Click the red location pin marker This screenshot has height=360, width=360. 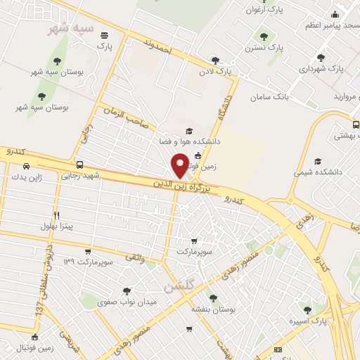[x=180, y=165]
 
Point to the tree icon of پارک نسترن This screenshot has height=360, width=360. [x=264, y=37]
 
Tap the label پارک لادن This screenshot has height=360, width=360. [x=214, y=72]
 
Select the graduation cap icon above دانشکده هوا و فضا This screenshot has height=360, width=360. [x=188, y=131]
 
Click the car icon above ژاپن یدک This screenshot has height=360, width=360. [x=26, y=166]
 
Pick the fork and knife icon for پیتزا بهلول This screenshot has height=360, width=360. [x=56, y=215]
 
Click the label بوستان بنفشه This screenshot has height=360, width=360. [x=214, y=309]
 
